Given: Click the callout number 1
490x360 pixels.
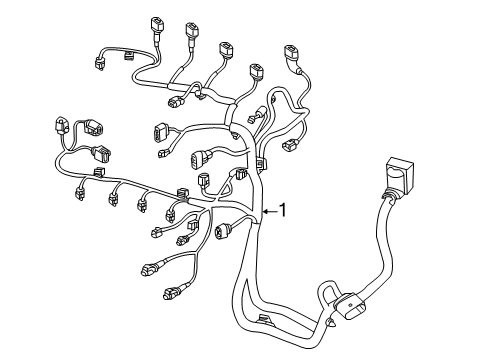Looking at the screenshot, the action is (x=283, y=210).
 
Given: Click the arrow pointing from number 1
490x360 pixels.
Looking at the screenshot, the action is (x=270, y=211).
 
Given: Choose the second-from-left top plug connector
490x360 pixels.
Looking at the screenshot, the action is (x=192, y=31).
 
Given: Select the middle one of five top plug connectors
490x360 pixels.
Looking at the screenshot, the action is (x=226, y=50).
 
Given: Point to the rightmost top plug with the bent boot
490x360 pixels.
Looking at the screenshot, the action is (x=291, y=55).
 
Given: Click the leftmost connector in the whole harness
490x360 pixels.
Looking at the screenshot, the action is (x=61, y=125).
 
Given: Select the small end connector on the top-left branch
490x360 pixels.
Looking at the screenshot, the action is (x=100, y=64).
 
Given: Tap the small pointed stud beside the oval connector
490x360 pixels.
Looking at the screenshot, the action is (x=332, y=323).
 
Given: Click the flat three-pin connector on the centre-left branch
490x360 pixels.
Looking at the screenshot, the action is (x=159, y=132).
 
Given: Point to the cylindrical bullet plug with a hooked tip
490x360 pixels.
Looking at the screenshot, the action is (x=257, y=114).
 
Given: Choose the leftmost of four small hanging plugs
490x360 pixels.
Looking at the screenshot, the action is (x=80, y=194).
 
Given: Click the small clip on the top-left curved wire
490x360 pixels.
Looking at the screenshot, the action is (x=129, y=55).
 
